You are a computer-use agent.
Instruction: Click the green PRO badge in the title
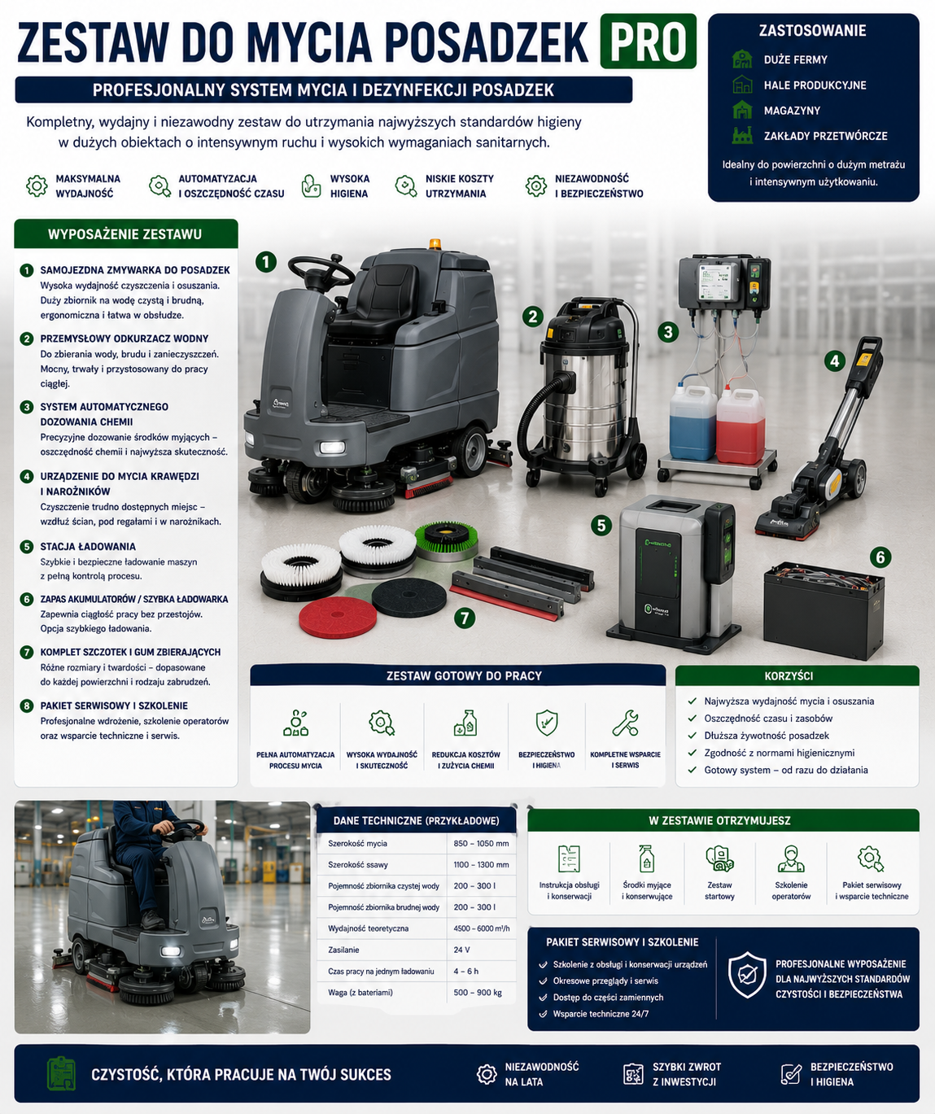[x=649, y=41]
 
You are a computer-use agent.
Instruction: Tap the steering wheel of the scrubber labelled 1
[x=321, y=270]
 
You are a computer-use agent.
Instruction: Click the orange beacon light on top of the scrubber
[x=435, y=244]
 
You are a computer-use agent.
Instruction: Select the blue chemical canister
[x=693, y=422]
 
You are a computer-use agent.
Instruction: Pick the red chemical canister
[x=741, y=426]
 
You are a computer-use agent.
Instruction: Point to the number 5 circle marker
[x=601, y=526]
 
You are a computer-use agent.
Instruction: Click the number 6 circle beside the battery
[x=880, y=557]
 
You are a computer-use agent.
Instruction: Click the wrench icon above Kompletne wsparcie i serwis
[x=625, y=723]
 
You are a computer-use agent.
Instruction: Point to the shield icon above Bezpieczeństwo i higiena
[x=547, y=723]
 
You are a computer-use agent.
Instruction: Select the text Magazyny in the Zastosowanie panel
[x=792, y=111]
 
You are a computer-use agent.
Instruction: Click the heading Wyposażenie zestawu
[x=125, y=234]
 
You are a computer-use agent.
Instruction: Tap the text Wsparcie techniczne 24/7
[x=601, y=1014]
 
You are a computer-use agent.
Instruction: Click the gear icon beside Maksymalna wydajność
[x=37, y=186]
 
